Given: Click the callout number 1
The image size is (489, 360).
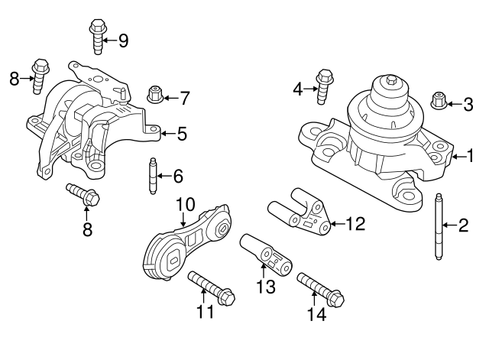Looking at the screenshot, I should (471, 156).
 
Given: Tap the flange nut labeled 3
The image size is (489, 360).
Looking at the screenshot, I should (440, 100).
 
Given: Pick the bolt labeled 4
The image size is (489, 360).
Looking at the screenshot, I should (324, 86).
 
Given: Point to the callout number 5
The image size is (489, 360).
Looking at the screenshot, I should (181, 135).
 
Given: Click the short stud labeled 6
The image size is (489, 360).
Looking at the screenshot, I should (152, 176).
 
